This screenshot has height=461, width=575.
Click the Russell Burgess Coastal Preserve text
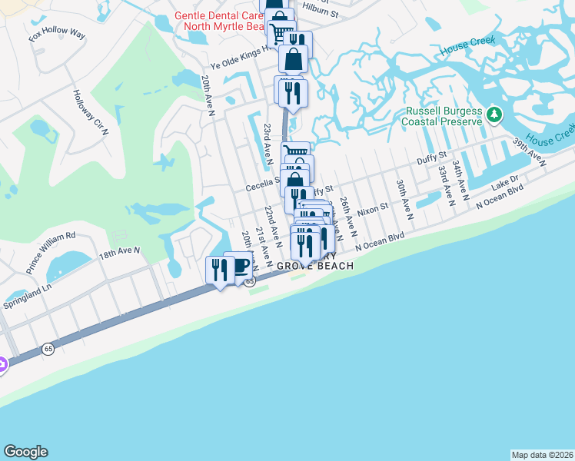(x=444, y=115)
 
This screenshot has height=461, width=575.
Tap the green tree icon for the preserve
(x=494, y=116)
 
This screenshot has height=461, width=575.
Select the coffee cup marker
(x=241, y=265)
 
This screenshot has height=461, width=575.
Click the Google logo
(x=25, y=452)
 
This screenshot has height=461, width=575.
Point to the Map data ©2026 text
(x=542, y=455)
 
